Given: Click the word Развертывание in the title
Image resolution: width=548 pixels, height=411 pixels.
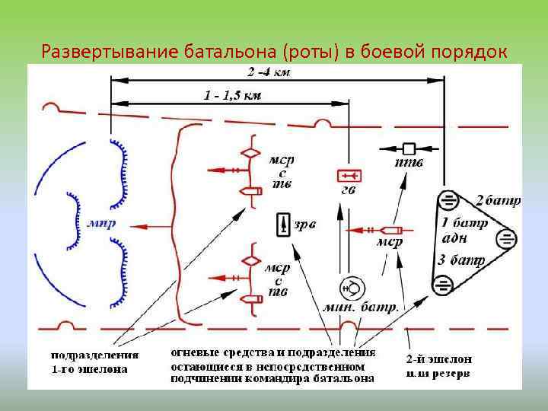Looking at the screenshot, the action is tap(110, 52).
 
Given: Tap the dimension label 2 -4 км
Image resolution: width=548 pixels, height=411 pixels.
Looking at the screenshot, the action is tap(269, 72).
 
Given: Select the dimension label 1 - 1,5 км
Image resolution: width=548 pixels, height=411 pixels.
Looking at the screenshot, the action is tap(232, 95).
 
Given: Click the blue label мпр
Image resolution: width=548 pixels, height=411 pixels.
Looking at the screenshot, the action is tap(101, 225).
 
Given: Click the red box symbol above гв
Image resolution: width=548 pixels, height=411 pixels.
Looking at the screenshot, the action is tap(348, 176).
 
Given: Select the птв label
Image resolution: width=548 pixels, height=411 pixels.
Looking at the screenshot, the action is tap(409, 163).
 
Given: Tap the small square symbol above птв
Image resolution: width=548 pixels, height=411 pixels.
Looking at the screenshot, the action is tap(409, 148).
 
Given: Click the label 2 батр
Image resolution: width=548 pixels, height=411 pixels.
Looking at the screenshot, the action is tap(499, 202).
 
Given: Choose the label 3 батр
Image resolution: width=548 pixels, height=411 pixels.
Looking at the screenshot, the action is tap(461, 260).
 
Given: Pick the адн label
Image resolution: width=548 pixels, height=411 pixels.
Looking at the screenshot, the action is tap(454, 239).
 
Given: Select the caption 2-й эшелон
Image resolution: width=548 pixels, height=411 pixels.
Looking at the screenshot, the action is tap(438, 359).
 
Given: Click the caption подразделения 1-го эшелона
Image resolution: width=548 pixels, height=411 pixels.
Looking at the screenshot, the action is tap(94, 362).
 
